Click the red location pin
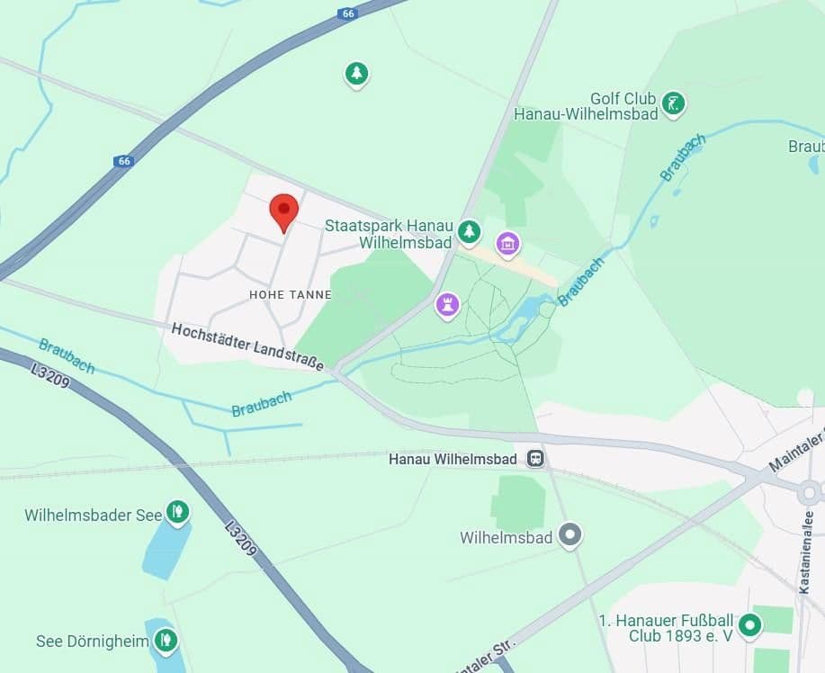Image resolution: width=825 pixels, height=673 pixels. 284,211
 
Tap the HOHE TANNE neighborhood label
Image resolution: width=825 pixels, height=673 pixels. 291,295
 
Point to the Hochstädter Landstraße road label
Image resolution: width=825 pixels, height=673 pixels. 247,345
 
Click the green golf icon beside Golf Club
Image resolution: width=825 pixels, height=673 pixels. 672,104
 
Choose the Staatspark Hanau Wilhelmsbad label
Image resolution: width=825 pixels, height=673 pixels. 389,233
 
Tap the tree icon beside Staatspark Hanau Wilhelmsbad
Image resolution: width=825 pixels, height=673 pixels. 469,232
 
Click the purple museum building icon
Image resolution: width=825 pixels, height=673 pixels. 508,243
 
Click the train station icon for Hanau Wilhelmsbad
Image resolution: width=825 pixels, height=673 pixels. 536,459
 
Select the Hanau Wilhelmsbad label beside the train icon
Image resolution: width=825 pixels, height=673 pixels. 453,460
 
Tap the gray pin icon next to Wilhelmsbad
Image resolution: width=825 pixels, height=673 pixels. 569,535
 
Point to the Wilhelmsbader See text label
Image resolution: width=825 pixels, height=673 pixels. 93,516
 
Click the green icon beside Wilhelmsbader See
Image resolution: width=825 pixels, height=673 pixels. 177,513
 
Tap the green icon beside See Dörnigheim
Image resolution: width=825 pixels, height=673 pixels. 165,641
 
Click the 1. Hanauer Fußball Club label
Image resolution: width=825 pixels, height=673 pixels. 666,628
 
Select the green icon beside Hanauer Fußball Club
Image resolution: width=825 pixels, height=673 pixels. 749,624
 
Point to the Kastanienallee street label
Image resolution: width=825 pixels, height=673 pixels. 805,550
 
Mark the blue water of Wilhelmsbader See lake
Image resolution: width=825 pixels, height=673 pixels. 166,549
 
